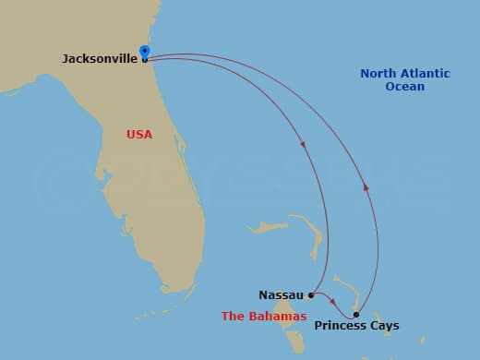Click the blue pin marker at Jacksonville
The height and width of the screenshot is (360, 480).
(x=144, y=52)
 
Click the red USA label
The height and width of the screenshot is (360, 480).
(x=139, y=135)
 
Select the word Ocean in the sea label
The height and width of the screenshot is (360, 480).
(x=405, y=87)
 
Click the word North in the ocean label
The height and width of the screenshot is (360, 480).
(x=378, y=73)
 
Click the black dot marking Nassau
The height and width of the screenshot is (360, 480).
(x=311, y=295)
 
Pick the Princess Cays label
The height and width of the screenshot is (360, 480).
(x=357, y=326)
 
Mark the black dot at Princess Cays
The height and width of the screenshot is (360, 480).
(x=356, y=314)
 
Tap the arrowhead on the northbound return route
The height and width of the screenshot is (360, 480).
(x=366, y=187)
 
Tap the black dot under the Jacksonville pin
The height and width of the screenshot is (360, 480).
(x=145, y=60)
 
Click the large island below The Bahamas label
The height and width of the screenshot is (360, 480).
(x=294, y=337)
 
